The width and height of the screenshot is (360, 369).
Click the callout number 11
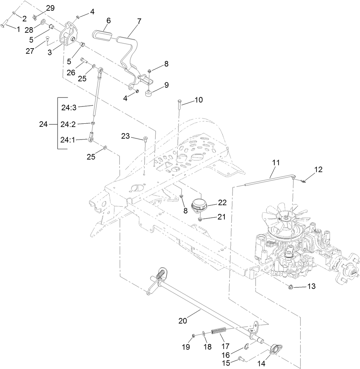tap(276, 162)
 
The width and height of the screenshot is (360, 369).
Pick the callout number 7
tap(139, 21)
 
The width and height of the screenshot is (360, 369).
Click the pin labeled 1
tap(7, 24)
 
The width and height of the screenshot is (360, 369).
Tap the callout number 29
tap(50, 8)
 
